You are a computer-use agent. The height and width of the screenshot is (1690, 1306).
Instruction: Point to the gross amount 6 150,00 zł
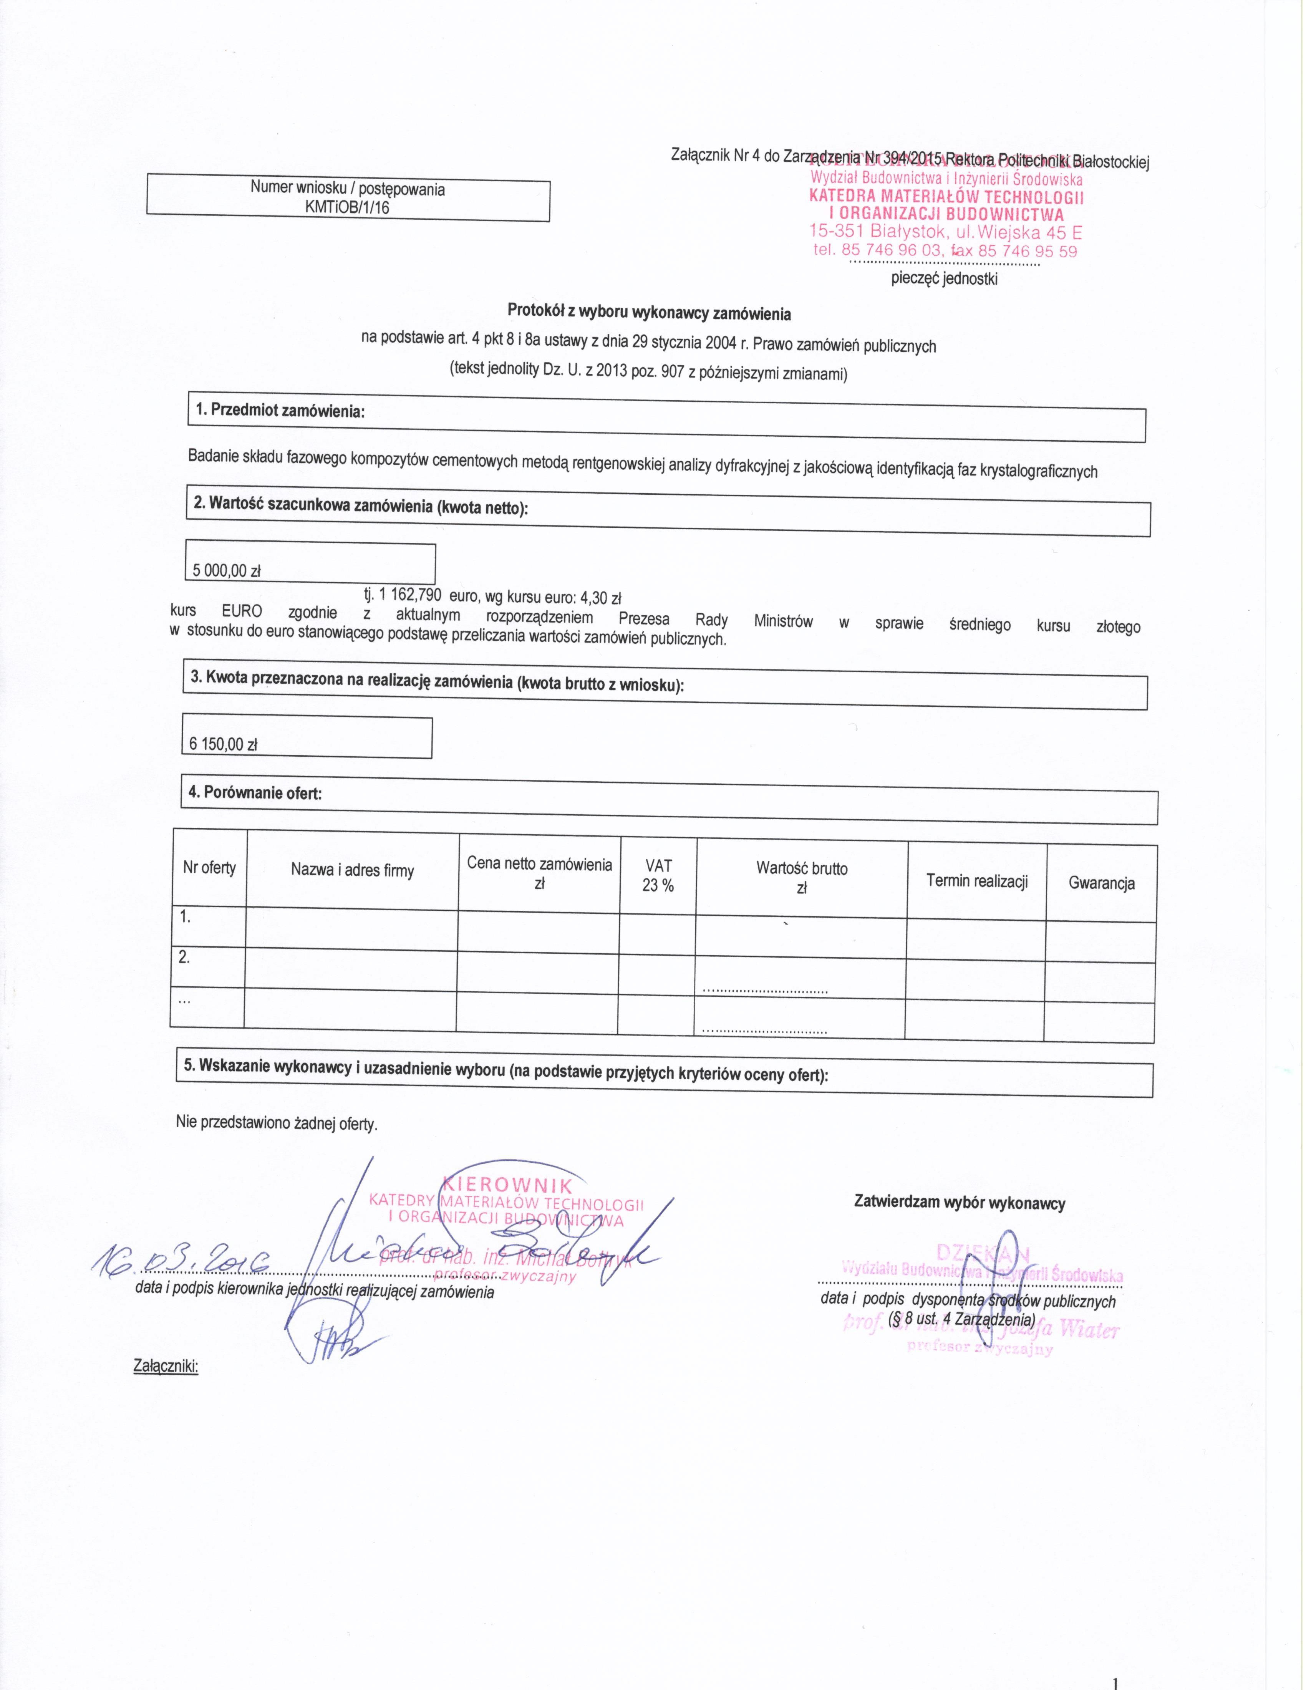[223, 744]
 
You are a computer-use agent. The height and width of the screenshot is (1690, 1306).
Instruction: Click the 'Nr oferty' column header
[209, 867]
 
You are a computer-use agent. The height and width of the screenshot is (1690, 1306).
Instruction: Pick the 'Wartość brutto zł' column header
[802, 878]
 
